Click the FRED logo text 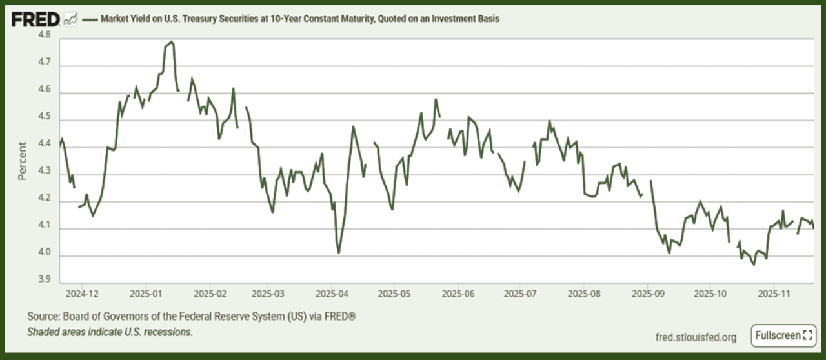click(x=36, y=19)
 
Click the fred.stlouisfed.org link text click(x=696, y=337)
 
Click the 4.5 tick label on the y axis click(x=45, y=119)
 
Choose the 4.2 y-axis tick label click(x=45, y=201)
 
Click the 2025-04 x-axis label click(x=331, y=294)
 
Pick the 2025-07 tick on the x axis click(x=520, y=294)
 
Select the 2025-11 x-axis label click(x=773, y=294)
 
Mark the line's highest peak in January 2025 click(x=171, y=42)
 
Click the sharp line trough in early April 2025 click(x=339, y=252)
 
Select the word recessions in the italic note click(x=169, y=332)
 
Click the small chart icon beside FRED click(x=70, y=19)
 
